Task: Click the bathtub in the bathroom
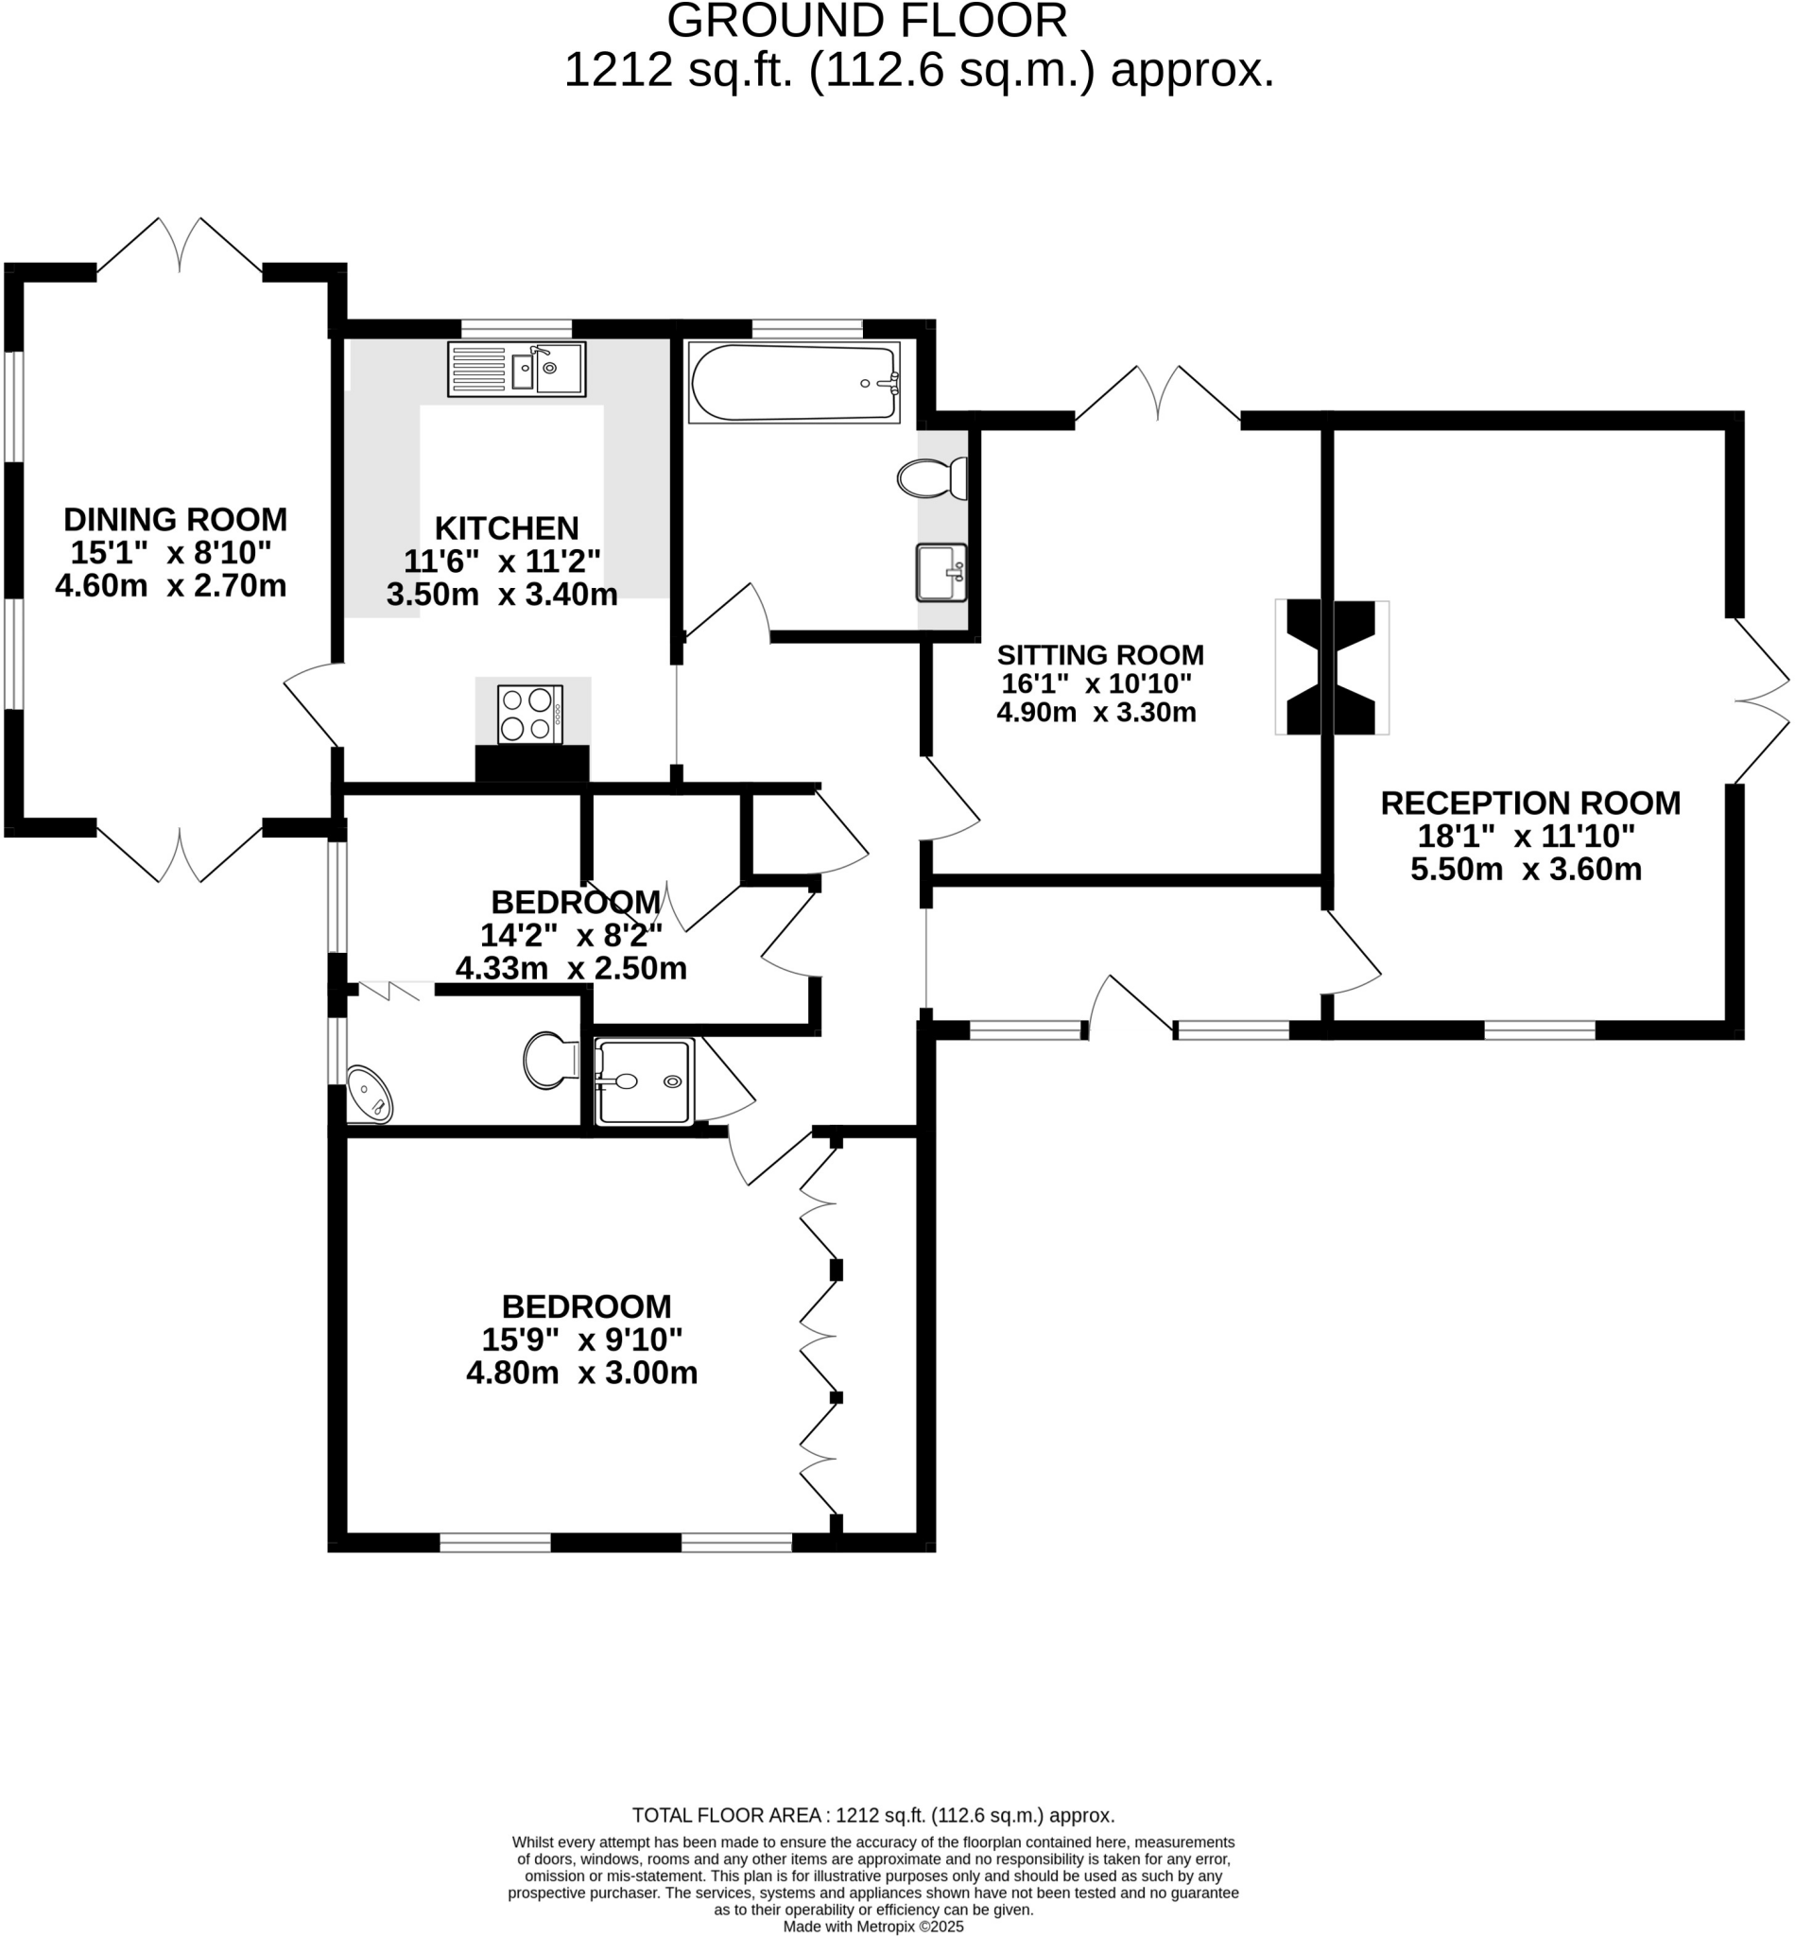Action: point(795,382)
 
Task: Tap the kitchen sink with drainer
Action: point(516,369)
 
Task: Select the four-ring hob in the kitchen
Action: point(529,714)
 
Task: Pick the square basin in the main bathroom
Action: point(941,572)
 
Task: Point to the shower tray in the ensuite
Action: point(644,1081)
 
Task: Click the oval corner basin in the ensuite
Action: point(369,1095)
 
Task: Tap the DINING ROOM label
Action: point(176,519)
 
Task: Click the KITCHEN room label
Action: point(506,527)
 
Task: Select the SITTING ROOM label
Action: point(1100,654)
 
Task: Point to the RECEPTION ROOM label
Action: point(1530,803)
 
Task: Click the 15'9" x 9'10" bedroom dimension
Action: point(582,1340)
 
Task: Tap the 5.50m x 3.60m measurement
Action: point(1526,869)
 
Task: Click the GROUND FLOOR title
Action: point(867,21)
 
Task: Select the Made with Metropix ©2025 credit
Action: point(873,1927)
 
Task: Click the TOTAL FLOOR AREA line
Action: point(873,1816)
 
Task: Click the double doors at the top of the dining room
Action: point(180,245)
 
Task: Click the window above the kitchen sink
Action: point(516,328)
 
